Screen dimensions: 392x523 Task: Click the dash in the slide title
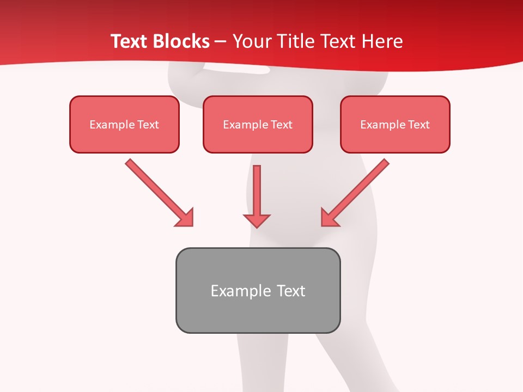click(221, 41)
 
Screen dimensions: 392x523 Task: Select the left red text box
click(124, 124)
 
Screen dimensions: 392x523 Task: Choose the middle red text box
click(258, 124)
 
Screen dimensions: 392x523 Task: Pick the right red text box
click(395, 124)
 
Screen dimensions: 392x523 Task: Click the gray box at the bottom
click(258, 290)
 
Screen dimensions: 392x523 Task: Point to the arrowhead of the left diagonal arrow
click(185, 218)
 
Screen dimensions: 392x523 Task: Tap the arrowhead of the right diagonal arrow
click(329, 218)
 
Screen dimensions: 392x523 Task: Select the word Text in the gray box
click(291, 291)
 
